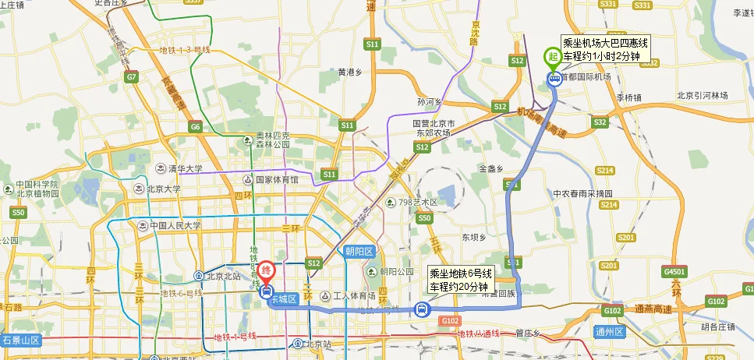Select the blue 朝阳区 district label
coord(359,251)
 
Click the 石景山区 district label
coord(20,341)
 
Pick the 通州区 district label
coord(609,332)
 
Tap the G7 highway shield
coord(130,77)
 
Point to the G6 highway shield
coord(194,127)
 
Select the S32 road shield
coord(599,122)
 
